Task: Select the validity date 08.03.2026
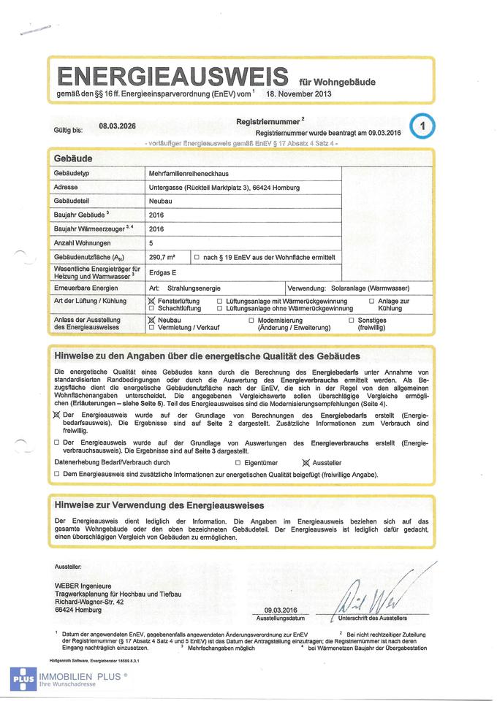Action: point(118,126)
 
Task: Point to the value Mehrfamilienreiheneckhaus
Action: point(189,174)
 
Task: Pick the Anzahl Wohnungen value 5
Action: point(151,243)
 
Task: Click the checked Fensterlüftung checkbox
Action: point(152,302)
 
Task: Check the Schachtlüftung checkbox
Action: point(152,309)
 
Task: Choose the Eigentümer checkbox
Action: point(238,463)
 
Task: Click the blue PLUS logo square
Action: point(23,678)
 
